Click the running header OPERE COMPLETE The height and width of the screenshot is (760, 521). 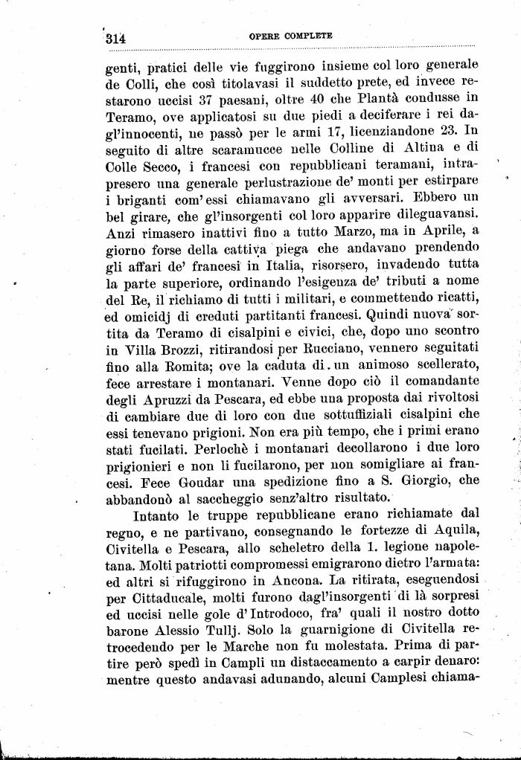tap(290, 36)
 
